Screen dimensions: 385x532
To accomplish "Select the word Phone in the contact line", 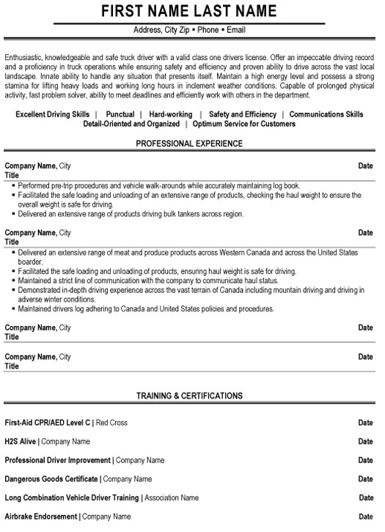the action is [x=208, y=30].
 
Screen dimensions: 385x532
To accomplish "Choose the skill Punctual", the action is [x=120, y=114].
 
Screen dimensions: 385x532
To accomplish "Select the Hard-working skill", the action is [x=170, y=114].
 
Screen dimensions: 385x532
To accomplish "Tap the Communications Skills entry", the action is [x=326, y=114].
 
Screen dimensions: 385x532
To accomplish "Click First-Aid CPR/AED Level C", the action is [x=48, y=423].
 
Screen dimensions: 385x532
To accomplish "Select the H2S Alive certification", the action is [x=20, y=442].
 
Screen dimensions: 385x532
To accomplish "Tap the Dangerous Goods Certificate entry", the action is [x=51, y=479].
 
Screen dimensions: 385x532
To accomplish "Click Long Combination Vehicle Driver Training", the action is [x=72, y=498].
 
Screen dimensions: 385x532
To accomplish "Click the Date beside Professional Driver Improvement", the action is [x=365, y=460].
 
